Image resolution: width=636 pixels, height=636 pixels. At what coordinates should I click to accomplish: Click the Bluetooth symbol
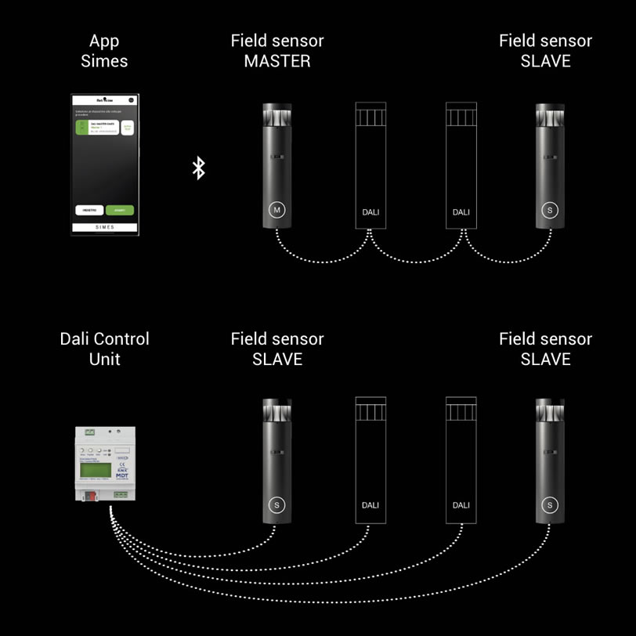click(x=199, y=168)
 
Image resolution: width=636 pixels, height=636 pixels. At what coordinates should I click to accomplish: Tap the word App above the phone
click(x=104, y=41)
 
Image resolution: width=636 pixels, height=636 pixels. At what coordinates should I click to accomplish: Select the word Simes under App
click(x=104, y=61)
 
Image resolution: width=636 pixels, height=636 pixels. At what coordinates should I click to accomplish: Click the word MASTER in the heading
click(x=277, y=61)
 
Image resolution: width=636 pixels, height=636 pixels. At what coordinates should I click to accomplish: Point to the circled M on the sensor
click(x=276, y=210)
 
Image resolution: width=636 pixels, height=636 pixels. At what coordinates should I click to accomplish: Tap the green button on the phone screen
click(x=120, y=210)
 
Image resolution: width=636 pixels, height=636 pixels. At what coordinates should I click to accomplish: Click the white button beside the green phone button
click(x=89, y=210)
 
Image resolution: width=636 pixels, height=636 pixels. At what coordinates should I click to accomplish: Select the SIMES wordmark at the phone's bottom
click(x=104, y=227)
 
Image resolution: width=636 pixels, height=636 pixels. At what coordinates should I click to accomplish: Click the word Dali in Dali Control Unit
click(x=78, y=339)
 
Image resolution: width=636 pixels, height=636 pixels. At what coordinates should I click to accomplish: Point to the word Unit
click(x=104, y=360)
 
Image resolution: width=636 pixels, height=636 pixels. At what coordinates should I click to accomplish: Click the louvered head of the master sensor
click(x=276, y=116)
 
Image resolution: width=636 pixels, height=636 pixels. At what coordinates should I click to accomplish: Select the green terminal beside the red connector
click(x=120, y=495)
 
